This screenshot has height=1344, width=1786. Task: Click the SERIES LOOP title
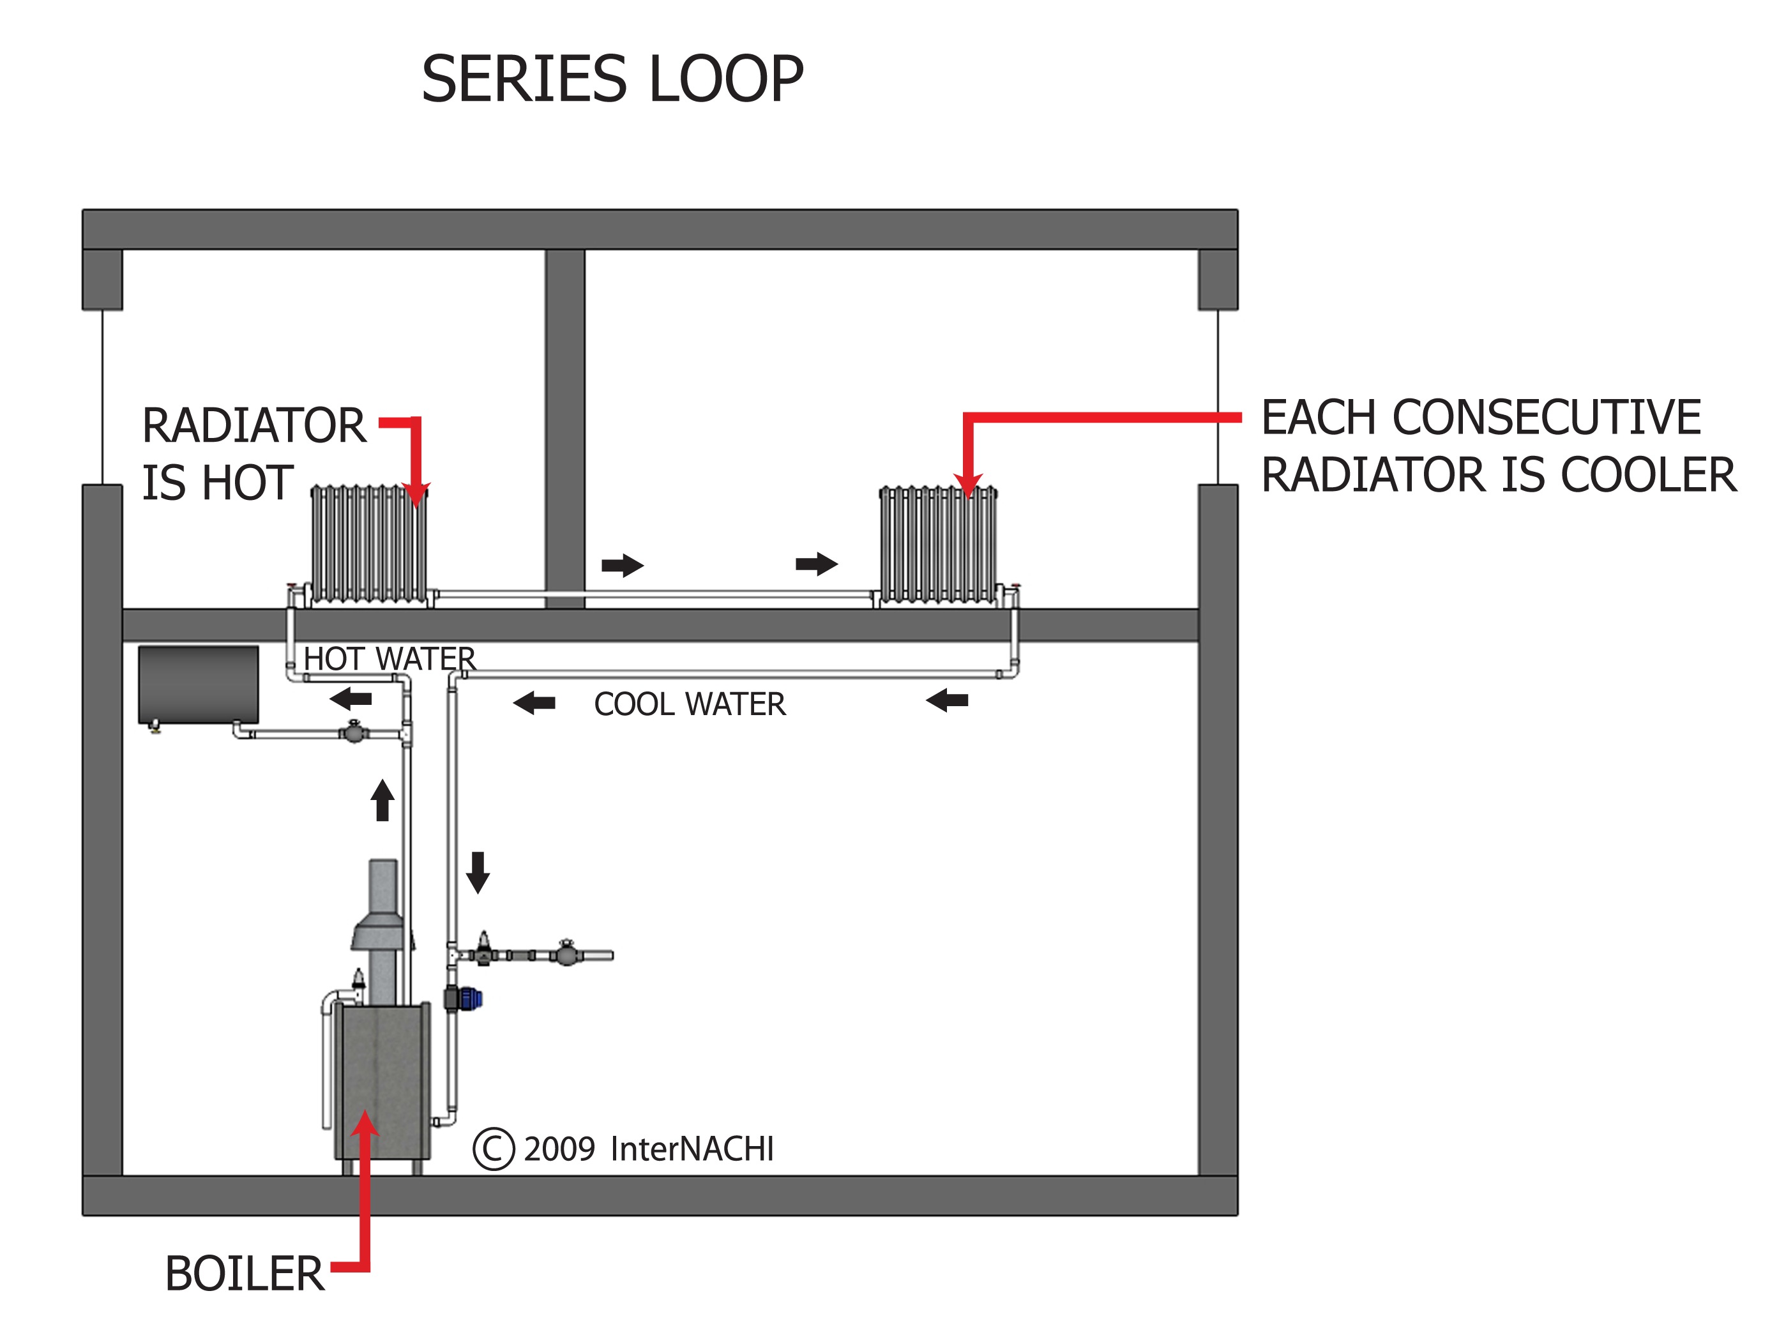[x=612, y=79]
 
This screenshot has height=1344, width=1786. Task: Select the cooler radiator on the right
[x=937, y=544]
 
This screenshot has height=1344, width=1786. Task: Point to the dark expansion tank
[x=199, y=684]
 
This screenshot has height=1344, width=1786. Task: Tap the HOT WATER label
[x=389, y=659]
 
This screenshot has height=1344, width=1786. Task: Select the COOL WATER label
[x=690, y=704]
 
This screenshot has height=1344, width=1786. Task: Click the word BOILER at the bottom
[x=244, y=1274]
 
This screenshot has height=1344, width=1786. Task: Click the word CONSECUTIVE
[x=1546, y=418]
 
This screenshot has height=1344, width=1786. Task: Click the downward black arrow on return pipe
[x=478, y=872]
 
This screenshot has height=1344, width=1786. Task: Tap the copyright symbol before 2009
[x=494, y=1149]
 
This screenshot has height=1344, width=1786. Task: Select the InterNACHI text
[x=692, y=1149]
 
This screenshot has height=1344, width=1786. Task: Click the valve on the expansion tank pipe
[x=354, y=732]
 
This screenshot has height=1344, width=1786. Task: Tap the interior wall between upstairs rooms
[x=564, y=428]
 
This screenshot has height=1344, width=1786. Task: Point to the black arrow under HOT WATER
[x=351, y=699]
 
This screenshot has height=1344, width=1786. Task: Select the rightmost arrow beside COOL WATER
[x=947, y=700]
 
